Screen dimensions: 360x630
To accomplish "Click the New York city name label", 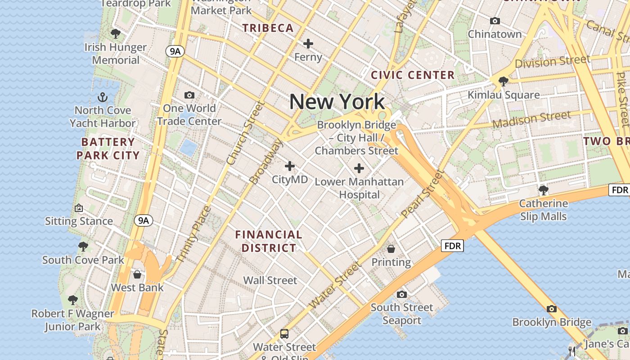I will tap(337, 102).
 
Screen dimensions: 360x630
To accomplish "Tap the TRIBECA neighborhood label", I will tap(268, 28).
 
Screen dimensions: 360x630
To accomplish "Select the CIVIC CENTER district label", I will tap(413, 75).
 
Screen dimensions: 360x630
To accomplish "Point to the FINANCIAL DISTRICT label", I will tap(269, 241).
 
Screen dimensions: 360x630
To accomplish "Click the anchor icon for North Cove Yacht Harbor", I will tap(103, 97).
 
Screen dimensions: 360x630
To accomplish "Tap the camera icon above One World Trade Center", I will tap(189, 95).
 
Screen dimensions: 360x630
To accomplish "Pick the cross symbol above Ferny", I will tap(308, 44).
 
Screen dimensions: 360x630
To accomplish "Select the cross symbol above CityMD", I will tap(290, 166).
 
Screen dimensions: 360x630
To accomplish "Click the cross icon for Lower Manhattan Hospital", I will tap(359, 168).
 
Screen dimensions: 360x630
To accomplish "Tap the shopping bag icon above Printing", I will tap(391, 248).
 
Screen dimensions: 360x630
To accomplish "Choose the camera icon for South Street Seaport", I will tap(401, 294).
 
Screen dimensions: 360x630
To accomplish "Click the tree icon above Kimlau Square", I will tap(504, 81).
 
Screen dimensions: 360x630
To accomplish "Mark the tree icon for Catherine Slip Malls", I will tap(544, 190).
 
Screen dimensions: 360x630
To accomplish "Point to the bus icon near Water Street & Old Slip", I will tap(284, 333).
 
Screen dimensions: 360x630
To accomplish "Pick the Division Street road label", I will tap(552, 62).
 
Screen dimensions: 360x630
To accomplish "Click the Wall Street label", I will tap(270, 280).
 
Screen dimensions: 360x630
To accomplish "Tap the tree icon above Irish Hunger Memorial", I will tap(115, 34).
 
